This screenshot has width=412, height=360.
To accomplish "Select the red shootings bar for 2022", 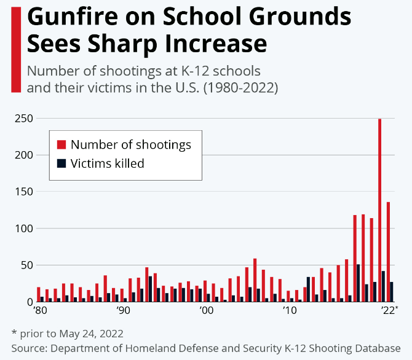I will coord(388,252).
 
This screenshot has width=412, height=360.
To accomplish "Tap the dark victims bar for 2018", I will coord(359,283).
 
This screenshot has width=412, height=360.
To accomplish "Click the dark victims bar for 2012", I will coord(308,289).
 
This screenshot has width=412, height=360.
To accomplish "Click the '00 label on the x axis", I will coord(206,311).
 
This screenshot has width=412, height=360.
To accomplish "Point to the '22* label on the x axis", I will coord(389,311).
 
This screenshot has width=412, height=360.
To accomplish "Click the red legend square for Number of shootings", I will coord(61,145).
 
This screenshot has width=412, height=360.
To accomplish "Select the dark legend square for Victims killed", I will coord(61,163).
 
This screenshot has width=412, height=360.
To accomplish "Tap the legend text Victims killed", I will coord(107,163).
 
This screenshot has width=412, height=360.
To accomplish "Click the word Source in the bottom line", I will coord(30,347).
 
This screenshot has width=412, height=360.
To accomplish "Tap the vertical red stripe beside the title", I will coord(15,49).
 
